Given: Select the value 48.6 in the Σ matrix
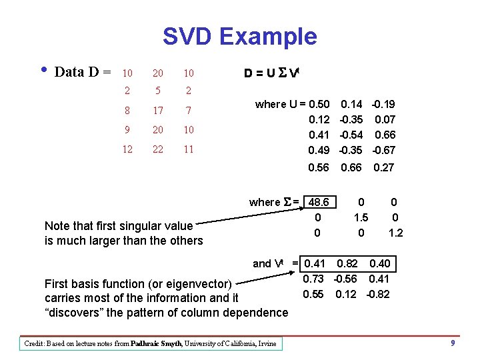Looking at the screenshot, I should (x=319, y=201).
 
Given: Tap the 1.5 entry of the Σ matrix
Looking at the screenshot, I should (x=361, y=217).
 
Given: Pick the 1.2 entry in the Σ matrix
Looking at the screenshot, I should (x=395, y=232).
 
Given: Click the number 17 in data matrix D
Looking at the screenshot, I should (x=158, y=109).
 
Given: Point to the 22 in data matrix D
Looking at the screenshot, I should (x=158, y=149).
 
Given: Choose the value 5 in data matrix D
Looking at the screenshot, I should (x=158, y=91).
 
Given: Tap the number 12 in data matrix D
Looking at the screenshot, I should (x=127, y=149).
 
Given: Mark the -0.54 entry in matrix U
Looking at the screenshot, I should (x=351, y=135).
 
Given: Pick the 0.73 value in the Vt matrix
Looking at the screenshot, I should (x=313, y=279).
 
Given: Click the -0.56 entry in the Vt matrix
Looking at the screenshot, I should (x=347, y=279).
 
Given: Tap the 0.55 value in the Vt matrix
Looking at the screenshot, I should (x=313, y=294).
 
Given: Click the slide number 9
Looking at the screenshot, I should (x=453, y=343).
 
